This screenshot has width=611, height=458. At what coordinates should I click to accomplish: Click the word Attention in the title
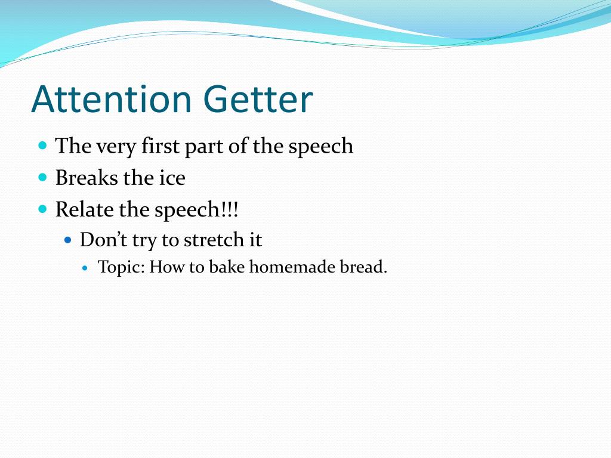(111, 99)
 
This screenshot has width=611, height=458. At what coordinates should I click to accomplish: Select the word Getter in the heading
(258, 99)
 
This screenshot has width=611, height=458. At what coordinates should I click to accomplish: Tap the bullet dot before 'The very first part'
(42, 146)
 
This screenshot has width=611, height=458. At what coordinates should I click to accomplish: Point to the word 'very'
(116, 147)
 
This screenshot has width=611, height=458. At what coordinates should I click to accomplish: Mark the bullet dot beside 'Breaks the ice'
(42, 178)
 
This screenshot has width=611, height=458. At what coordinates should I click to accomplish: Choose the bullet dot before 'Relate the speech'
(42, 209)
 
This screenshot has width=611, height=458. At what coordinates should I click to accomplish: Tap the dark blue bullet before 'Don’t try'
(68, 240)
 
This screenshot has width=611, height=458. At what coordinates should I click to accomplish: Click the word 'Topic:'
(121, 267)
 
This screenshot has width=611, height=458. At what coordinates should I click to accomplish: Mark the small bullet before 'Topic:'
(86, 268)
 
